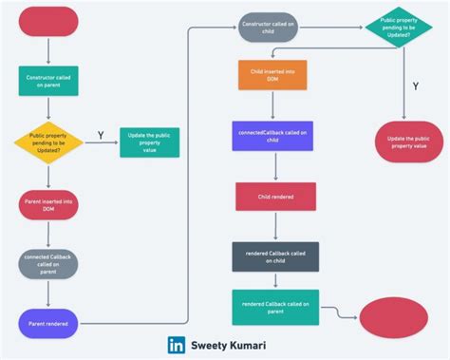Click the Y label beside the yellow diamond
click(101, 136)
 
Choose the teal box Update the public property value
click(149, 142)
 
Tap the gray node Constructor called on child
click(269, 27)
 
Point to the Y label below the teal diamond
click(415, 86)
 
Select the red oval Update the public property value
click(408, 142)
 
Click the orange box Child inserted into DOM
click(273, 76)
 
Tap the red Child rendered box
click(275, 197)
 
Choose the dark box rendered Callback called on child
click(275, 256)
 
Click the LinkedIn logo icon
click(178, 346)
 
